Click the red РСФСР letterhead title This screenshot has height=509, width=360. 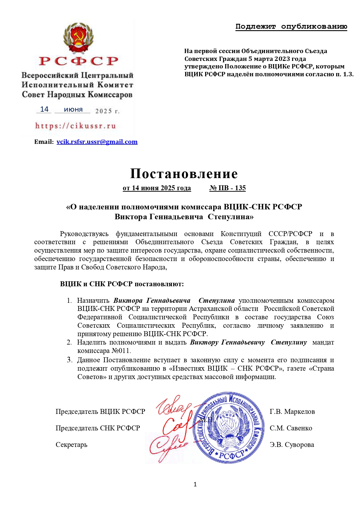(x=79, y=61)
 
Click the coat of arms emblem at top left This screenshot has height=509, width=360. (x=78, y=38)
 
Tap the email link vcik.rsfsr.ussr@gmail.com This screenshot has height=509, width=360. (x=97, y=142)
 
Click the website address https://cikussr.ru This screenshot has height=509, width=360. (x=75, y=126)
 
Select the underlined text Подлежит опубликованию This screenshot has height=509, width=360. (x=291, y=27)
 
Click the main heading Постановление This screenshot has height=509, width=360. (x=184, y=173)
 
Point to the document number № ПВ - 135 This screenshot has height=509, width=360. (x=227, y=188)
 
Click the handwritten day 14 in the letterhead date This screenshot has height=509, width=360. (x=44, y=109)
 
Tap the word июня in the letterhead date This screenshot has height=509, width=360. (x=73, y=110)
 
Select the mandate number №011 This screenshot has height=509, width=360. (x=121, y=351)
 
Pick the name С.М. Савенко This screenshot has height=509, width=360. (x=291, y=428)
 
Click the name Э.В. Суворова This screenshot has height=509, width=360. (x=292, y=445)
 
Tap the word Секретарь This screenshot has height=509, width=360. (x=71, y=445)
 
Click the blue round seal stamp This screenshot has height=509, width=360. (x=229, y=428)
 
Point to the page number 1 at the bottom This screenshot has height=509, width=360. (x=195, y=484)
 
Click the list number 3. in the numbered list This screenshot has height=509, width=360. (x=70, y=360)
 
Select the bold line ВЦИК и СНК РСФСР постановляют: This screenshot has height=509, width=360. (x=122, y=284)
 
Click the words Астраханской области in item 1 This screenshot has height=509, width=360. (x=223, y=309)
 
